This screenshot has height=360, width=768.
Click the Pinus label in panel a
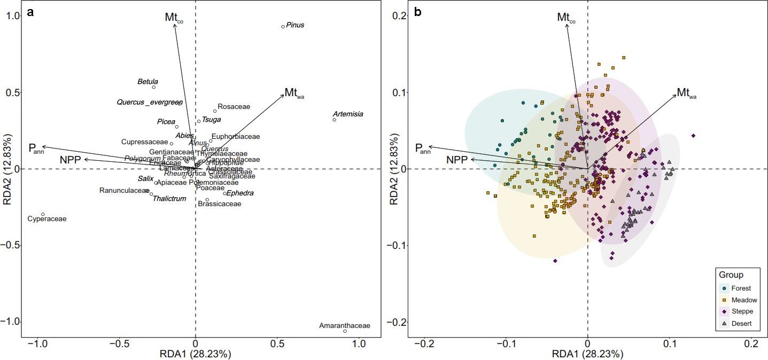tap(295, 25)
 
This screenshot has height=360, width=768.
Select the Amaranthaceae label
tap(344, 325)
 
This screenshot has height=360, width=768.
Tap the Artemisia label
tap(348, 114)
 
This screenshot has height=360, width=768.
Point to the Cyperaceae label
tap(47, 219)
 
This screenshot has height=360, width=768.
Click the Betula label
tap(148, 82)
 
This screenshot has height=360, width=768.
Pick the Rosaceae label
tap(234, 107)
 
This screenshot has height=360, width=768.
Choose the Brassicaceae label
tap(220, 204)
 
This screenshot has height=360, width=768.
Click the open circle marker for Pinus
tap(283, 26)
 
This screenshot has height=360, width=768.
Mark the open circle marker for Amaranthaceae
tap(345, 331)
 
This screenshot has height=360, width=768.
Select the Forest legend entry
tap(741, 288)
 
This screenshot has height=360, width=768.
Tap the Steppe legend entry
tap(742, 312)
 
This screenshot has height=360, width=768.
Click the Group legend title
tap(731, 276)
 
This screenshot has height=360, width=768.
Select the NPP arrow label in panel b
tap(457, 160)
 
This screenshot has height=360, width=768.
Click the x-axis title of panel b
tap(587, 354)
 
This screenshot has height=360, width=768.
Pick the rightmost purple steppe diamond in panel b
tap(693, 136)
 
